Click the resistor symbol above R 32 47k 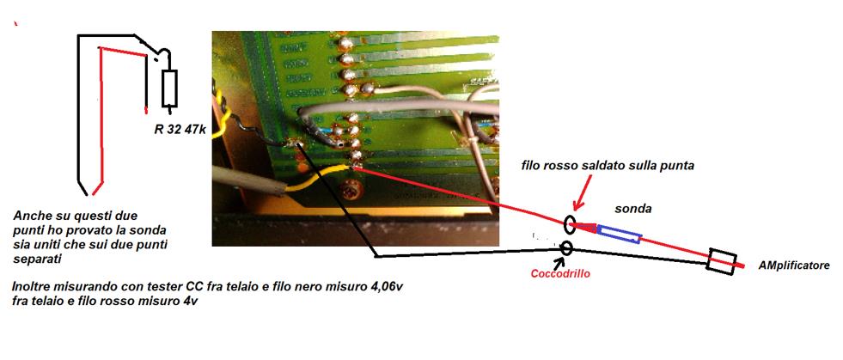(x=169, y=88)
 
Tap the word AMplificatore (x=793, y=266)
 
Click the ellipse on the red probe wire (x=570, y=226)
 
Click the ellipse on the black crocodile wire (x=566, y=248)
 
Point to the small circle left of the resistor (x=155, y=61)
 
